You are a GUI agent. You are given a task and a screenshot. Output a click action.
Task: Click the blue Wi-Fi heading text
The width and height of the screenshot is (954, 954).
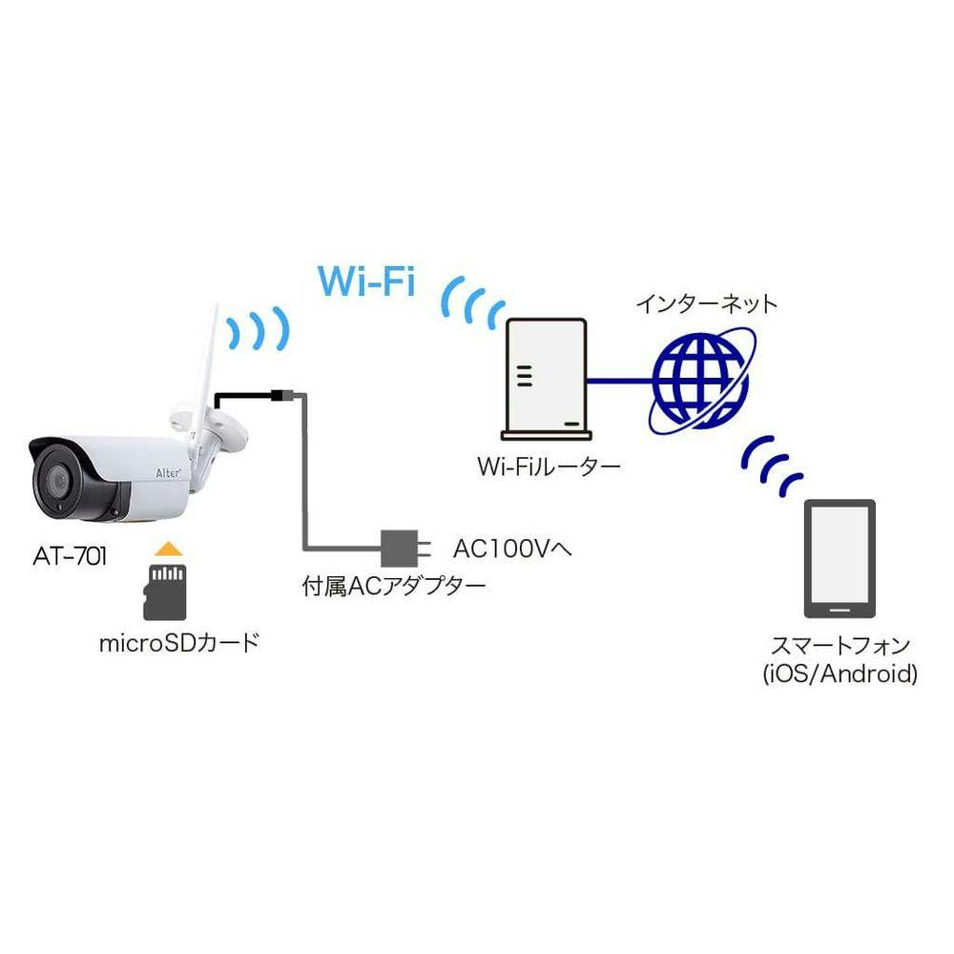(x=367, y=282)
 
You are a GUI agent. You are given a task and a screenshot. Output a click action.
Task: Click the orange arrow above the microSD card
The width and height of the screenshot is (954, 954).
(x=167, y=548)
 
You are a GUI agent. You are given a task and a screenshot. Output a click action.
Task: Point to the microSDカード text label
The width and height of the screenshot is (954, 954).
(x=178, y=642)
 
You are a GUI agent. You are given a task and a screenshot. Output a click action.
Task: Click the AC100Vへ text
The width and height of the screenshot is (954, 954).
(x=511, y=549)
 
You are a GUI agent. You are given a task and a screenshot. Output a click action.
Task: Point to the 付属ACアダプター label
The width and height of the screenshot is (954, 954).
(x=394, y=585)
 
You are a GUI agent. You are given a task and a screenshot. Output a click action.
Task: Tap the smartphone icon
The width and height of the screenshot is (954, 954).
(x=839, y=561)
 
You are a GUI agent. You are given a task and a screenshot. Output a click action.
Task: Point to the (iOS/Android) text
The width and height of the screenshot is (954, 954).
(x=840, y=674)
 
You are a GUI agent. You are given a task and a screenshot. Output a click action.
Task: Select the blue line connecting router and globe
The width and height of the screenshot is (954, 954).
(x=620, y=382)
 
